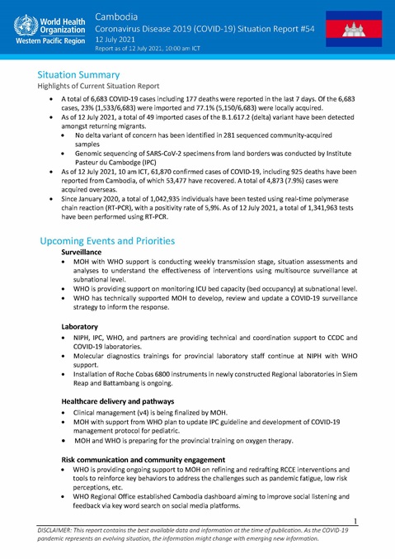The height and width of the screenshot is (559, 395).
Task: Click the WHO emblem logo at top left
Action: pos(22,25)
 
